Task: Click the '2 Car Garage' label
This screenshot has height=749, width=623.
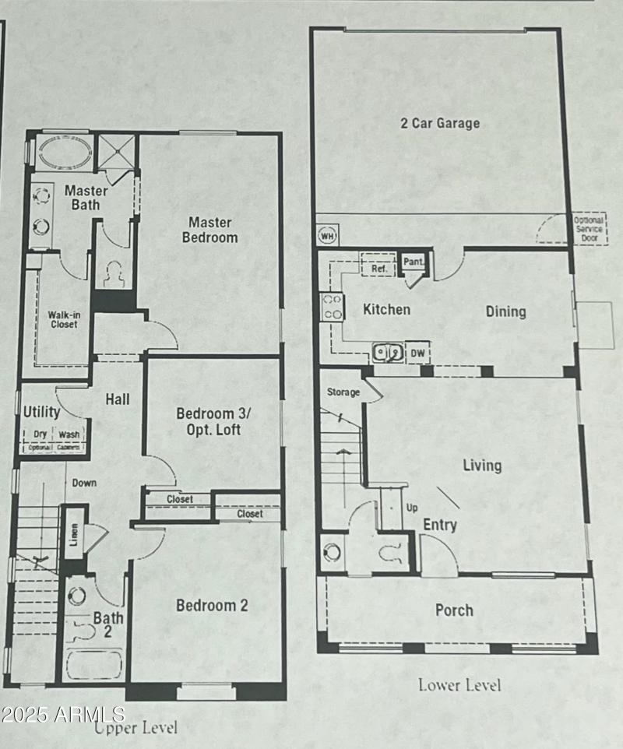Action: pos(439,123)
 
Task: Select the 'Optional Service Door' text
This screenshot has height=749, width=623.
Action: pos(588,230)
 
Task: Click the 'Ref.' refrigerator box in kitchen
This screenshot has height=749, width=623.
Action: pos(378,268)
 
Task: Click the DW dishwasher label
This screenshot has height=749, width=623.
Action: pos(417,352)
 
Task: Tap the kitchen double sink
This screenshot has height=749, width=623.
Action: pos(388,353)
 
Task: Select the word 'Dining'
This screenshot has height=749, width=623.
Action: pos(505,311)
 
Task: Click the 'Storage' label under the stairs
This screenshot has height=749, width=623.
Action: pos(343,392)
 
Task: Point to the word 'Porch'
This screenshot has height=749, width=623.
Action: pos(453,610)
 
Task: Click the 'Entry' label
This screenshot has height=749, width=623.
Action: pos(439,525)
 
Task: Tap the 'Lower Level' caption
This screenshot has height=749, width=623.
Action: pos(459,685)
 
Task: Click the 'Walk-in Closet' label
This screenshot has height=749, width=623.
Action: pos(63,319)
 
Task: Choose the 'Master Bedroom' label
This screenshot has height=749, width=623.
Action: pos(209,230)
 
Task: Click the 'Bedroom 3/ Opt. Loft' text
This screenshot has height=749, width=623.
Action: pos(208,421)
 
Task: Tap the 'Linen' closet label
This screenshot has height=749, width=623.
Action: pos(74,527)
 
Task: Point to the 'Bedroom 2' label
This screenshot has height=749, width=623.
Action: pos(212,605)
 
